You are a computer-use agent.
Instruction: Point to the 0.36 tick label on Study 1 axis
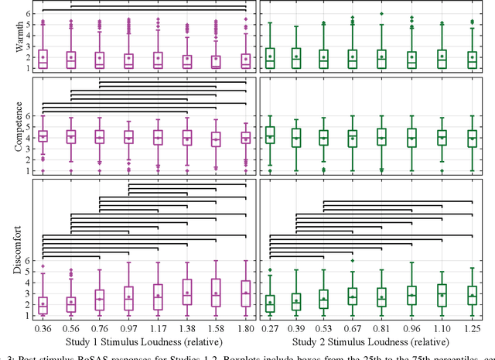[x=43, y=328]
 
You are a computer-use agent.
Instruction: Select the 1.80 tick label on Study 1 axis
[x=245, y=328]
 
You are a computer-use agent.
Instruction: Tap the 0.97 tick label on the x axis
[x=129, y=328]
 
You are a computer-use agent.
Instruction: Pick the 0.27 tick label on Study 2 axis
[x=269, y=328]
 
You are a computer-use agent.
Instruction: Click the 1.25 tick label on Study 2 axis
[x=471, y=328]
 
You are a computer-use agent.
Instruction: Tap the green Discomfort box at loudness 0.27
[x=269, y=303]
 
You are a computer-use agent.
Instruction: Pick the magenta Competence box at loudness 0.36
[x=43, y=135]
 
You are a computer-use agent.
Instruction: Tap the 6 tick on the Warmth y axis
[x=29, y=14]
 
